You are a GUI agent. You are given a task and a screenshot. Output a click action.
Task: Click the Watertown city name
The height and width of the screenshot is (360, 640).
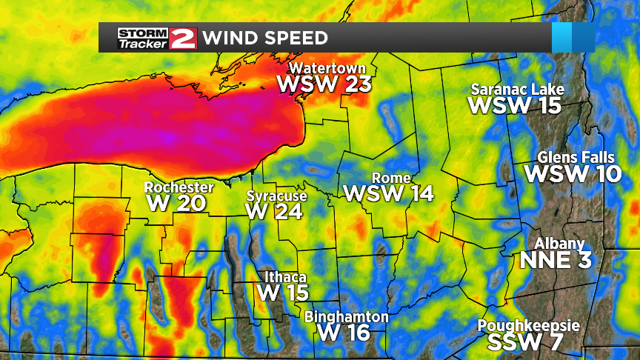tap(323, 69)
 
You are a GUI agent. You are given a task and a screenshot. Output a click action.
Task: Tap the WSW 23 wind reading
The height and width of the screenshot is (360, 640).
tap(324, 84)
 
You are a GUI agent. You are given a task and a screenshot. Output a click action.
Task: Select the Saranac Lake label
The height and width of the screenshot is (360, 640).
tap(518, 90)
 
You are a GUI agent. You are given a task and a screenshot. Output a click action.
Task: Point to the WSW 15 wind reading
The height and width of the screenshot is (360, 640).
tap(516, 105)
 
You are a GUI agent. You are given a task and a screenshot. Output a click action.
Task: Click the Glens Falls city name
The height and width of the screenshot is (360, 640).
tap(576, 158)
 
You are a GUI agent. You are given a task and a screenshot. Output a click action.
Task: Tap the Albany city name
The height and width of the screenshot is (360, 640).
tap(559, 244)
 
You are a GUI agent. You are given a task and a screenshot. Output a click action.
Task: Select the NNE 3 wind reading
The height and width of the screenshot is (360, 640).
tap(557, 261)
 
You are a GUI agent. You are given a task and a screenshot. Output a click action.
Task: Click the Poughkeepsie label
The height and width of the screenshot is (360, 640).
tap(528, 326)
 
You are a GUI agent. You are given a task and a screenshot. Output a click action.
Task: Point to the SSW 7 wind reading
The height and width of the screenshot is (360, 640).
tap(524, 342)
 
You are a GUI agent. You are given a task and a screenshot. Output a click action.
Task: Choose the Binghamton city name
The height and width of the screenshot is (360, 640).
tap(347, 317)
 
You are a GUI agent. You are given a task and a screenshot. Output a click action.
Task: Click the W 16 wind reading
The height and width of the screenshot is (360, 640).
tap(344, 333)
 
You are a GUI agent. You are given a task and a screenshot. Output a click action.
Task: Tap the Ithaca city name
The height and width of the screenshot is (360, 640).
tap(285, 278)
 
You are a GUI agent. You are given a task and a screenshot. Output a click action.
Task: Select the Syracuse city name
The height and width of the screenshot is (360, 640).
tap(276, 196)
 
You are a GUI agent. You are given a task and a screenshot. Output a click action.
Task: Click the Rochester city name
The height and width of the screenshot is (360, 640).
tap(179, 187)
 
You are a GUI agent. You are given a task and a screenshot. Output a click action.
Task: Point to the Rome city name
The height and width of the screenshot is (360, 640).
tap(386, 179)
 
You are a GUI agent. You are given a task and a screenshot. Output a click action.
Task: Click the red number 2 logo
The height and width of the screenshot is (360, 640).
tap(182, 37)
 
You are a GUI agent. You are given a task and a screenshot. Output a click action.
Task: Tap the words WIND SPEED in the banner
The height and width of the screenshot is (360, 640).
tap(265, 38)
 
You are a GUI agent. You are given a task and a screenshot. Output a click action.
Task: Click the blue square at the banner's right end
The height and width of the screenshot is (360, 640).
tap(573, 37)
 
